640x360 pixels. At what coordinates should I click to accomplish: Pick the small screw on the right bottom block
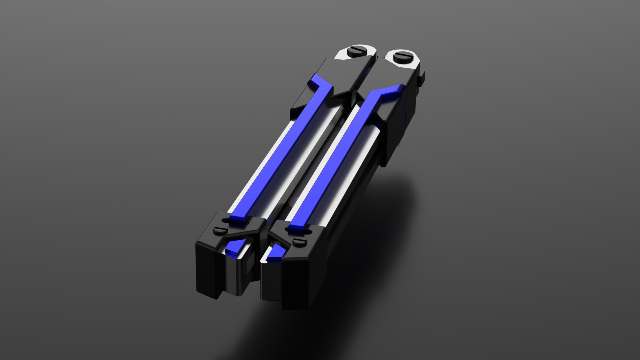point(299,241)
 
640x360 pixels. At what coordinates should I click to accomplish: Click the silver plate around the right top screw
point(413,63)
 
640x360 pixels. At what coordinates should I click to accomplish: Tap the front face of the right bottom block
point(297,287)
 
